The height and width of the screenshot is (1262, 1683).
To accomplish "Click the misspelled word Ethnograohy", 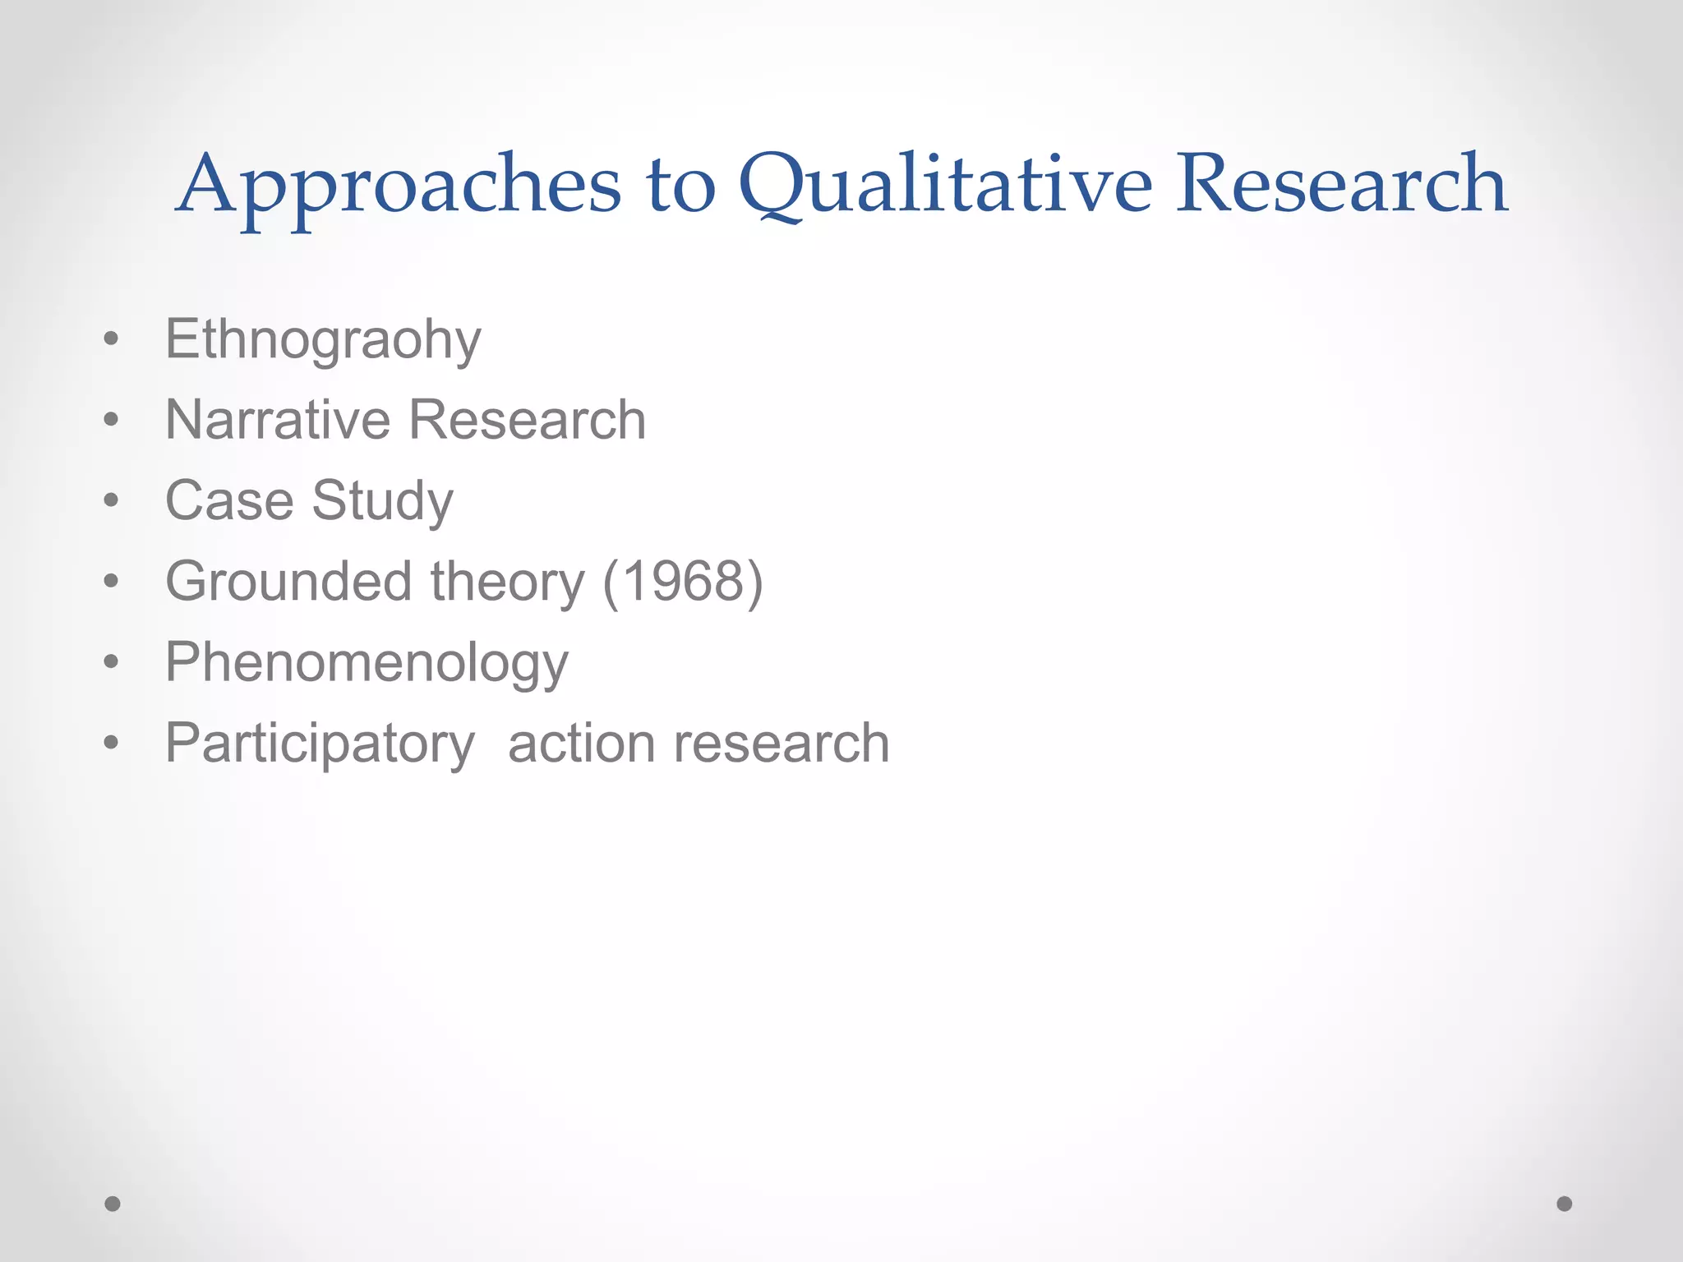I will click(323, 339).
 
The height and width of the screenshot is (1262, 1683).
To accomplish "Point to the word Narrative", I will click(277, 420).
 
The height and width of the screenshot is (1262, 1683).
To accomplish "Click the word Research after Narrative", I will click(527, 420).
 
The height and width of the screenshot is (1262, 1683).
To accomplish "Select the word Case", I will click(229, 500).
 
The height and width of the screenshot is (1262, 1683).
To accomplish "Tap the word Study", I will click(382, 500).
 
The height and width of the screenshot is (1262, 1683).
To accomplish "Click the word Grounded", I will click(288, 582).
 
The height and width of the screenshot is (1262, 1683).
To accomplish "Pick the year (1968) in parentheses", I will click(683, 582).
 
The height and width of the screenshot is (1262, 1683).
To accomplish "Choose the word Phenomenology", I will click(367, 662).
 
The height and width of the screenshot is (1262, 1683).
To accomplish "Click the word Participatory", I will click(320, 744).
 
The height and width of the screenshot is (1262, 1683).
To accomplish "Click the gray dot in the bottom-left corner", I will click(113, 1204).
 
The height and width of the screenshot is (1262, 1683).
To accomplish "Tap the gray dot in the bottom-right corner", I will click(1565, 1204).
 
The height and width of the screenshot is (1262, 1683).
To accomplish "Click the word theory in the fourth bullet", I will click(507, 582).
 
